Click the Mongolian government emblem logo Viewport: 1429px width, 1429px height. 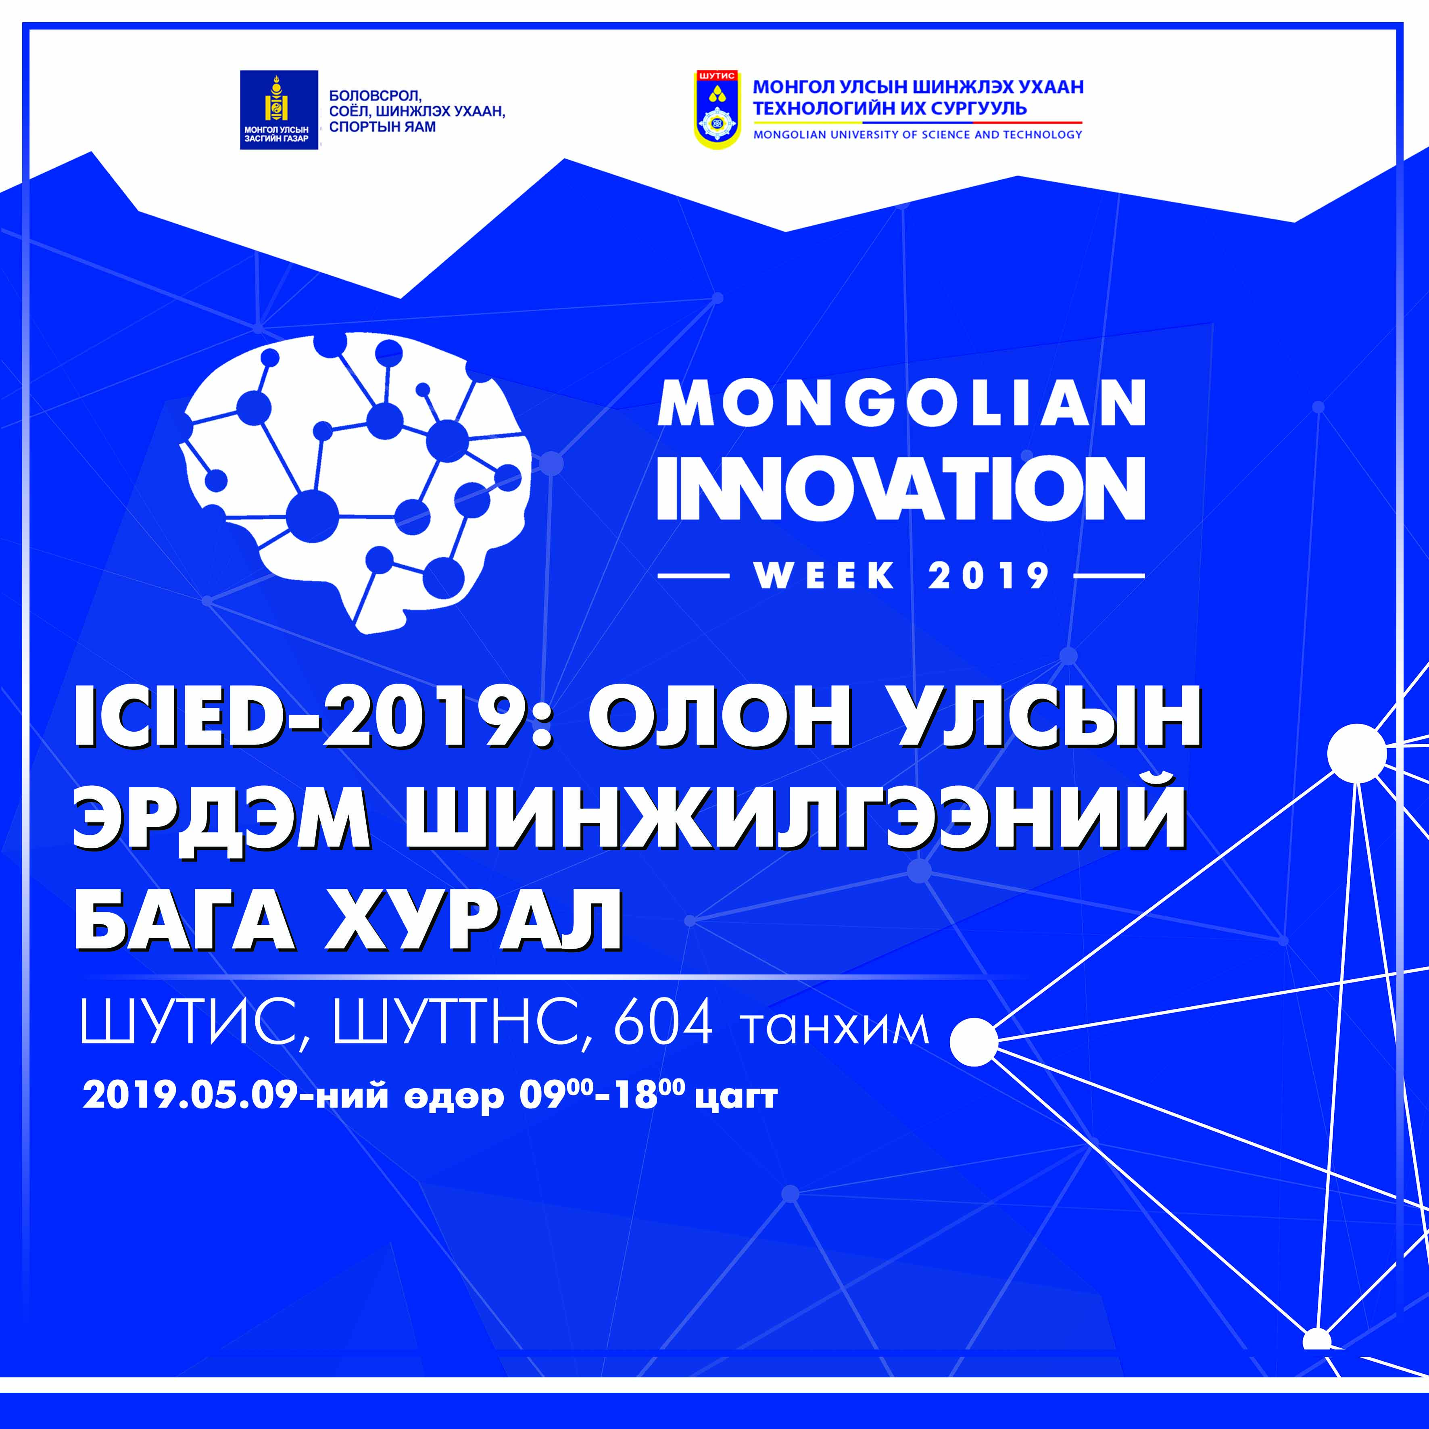tap(279, 109)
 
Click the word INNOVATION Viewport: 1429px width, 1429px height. tap(901, 488)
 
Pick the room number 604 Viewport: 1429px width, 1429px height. tap(663, 1023)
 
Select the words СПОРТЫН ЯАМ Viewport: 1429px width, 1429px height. tap(382, 127)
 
